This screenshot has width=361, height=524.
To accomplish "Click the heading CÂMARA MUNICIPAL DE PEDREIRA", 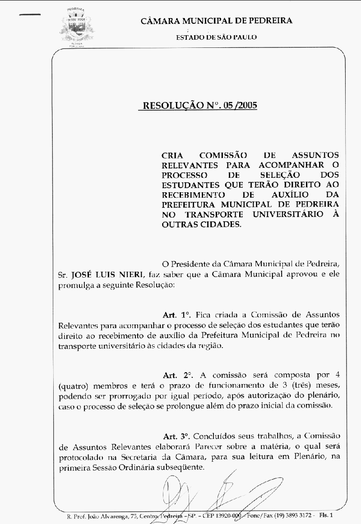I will pyautogui.click(x=216, y=21).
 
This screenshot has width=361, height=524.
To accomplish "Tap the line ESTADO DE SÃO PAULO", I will pyautogui.click(x=216, y=37).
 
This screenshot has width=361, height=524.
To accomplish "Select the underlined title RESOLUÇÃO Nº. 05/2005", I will pyautogui.click(x=199, y=106).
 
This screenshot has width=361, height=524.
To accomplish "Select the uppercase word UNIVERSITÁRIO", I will pyautogui.click(x=284, y=214).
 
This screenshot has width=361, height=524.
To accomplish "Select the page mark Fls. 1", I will pyautogui.click(x=325, y=515).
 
